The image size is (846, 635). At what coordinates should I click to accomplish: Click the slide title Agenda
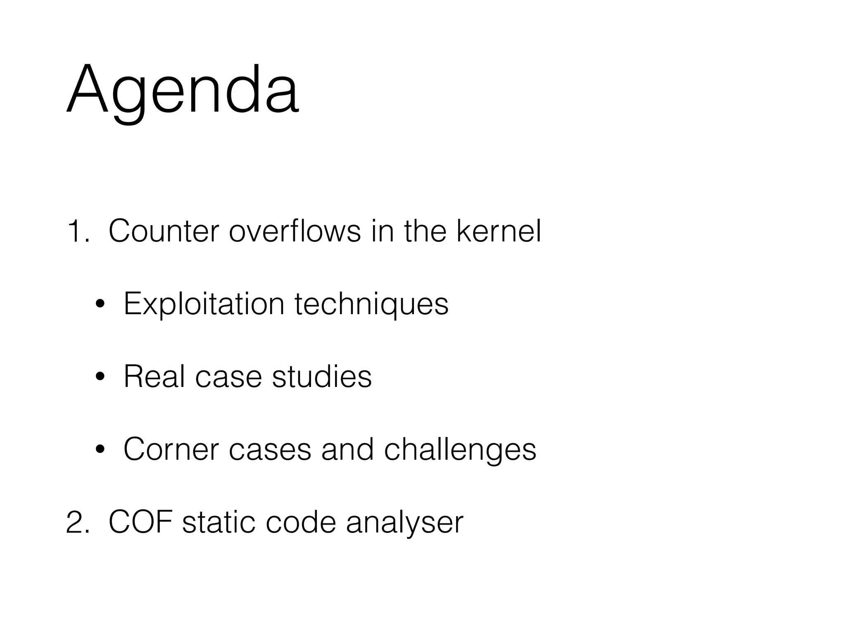pos(183,90)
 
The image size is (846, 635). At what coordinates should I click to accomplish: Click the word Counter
pos(164,232)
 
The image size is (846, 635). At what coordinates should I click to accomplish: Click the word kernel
pos(499,232)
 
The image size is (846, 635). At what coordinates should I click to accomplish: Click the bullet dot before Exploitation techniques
pos(100,305)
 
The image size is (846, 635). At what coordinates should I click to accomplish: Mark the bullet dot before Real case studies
pos(100,378)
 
